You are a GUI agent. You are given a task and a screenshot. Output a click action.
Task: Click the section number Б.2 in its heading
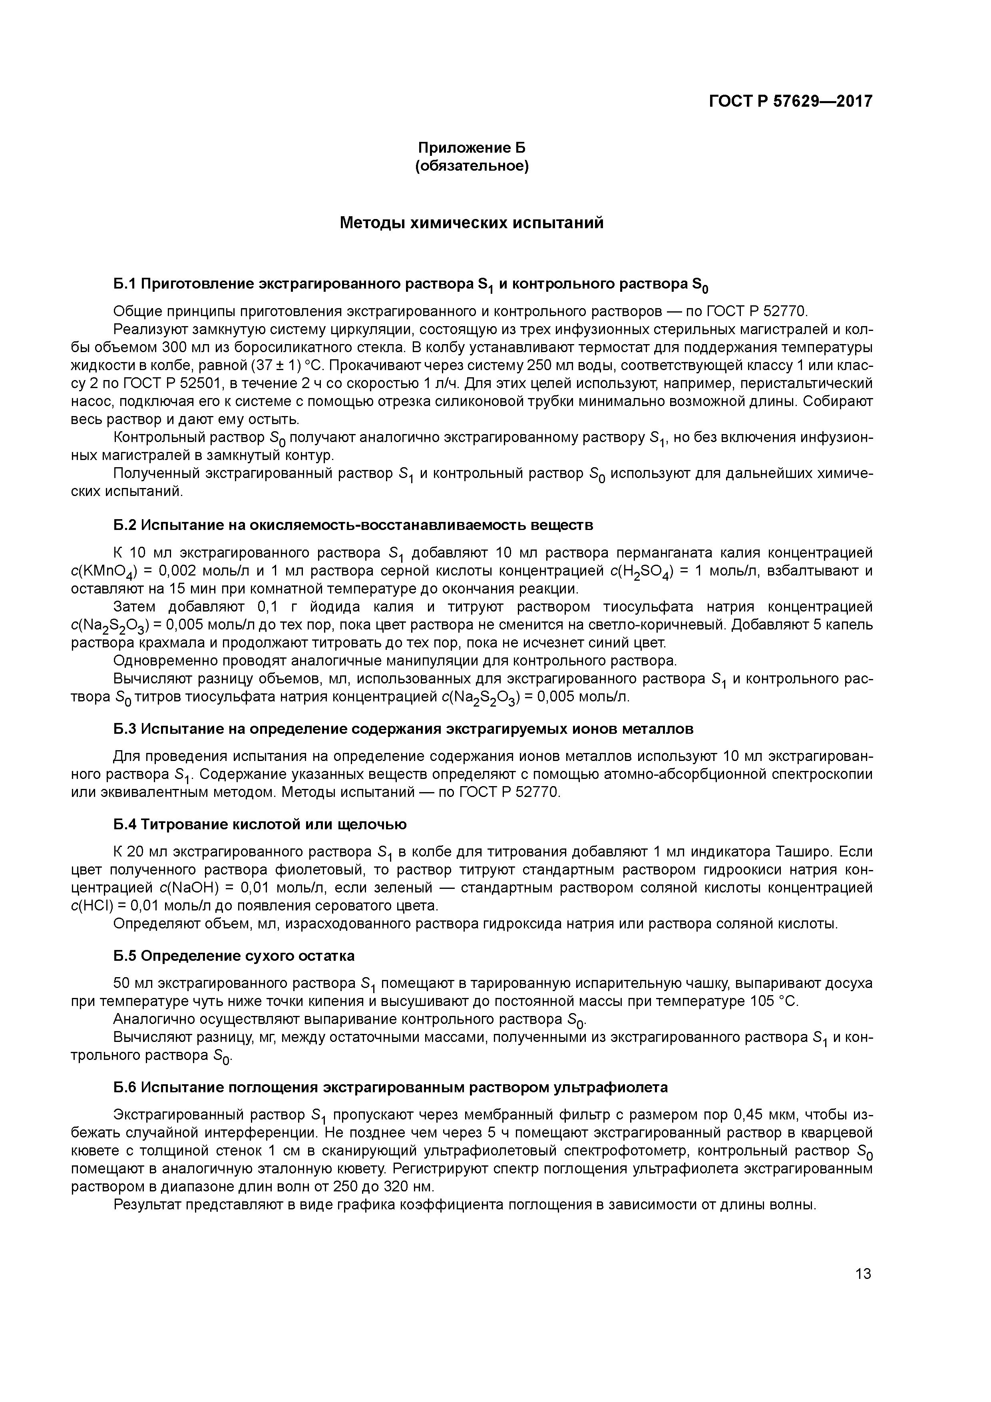tap(125, 525)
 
